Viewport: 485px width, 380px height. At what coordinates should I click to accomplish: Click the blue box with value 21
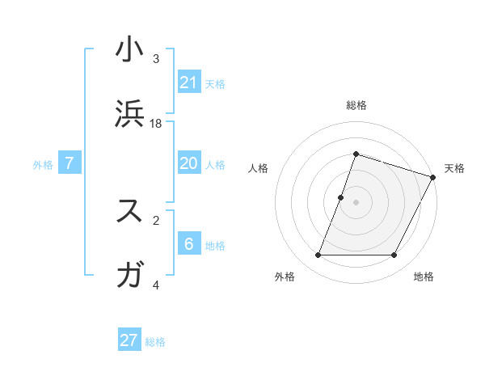(x=189, y=82)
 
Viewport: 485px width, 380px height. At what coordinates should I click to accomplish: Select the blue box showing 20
(x=189, y=163)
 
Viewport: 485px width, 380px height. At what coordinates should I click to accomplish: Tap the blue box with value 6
(x=189, y=243)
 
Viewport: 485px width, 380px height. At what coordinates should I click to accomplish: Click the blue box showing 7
(x=70, y=163)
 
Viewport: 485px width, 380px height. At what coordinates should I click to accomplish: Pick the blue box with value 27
(x=129, y=340)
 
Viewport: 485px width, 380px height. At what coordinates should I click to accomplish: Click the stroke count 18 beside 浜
(x=156, y=123)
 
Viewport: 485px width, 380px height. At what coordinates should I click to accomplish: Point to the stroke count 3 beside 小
(x=156, y=58)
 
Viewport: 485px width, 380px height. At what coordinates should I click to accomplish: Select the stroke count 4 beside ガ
(x=156, y=285)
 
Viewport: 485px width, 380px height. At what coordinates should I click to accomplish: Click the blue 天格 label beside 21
(x=215, y=83)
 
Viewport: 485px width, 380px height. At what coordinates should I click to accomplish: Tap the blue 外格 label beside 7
(x=43, y=164)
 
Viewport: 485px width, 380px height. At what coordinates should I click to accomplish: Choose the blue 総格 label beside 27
(x=155, y=342)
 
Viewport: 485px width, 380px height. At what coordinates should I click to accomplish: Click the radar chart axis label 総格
(x=356, y=105)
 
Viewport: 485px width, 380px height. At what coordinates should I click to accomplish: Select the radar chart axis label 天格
(x=454, y=168)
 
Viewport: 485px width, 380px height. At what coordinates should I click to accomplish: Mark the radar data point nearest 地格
(x=394, y=255)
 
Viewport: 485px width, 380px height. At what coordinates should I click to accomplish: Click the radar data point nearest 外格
(x=318, y=255)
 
